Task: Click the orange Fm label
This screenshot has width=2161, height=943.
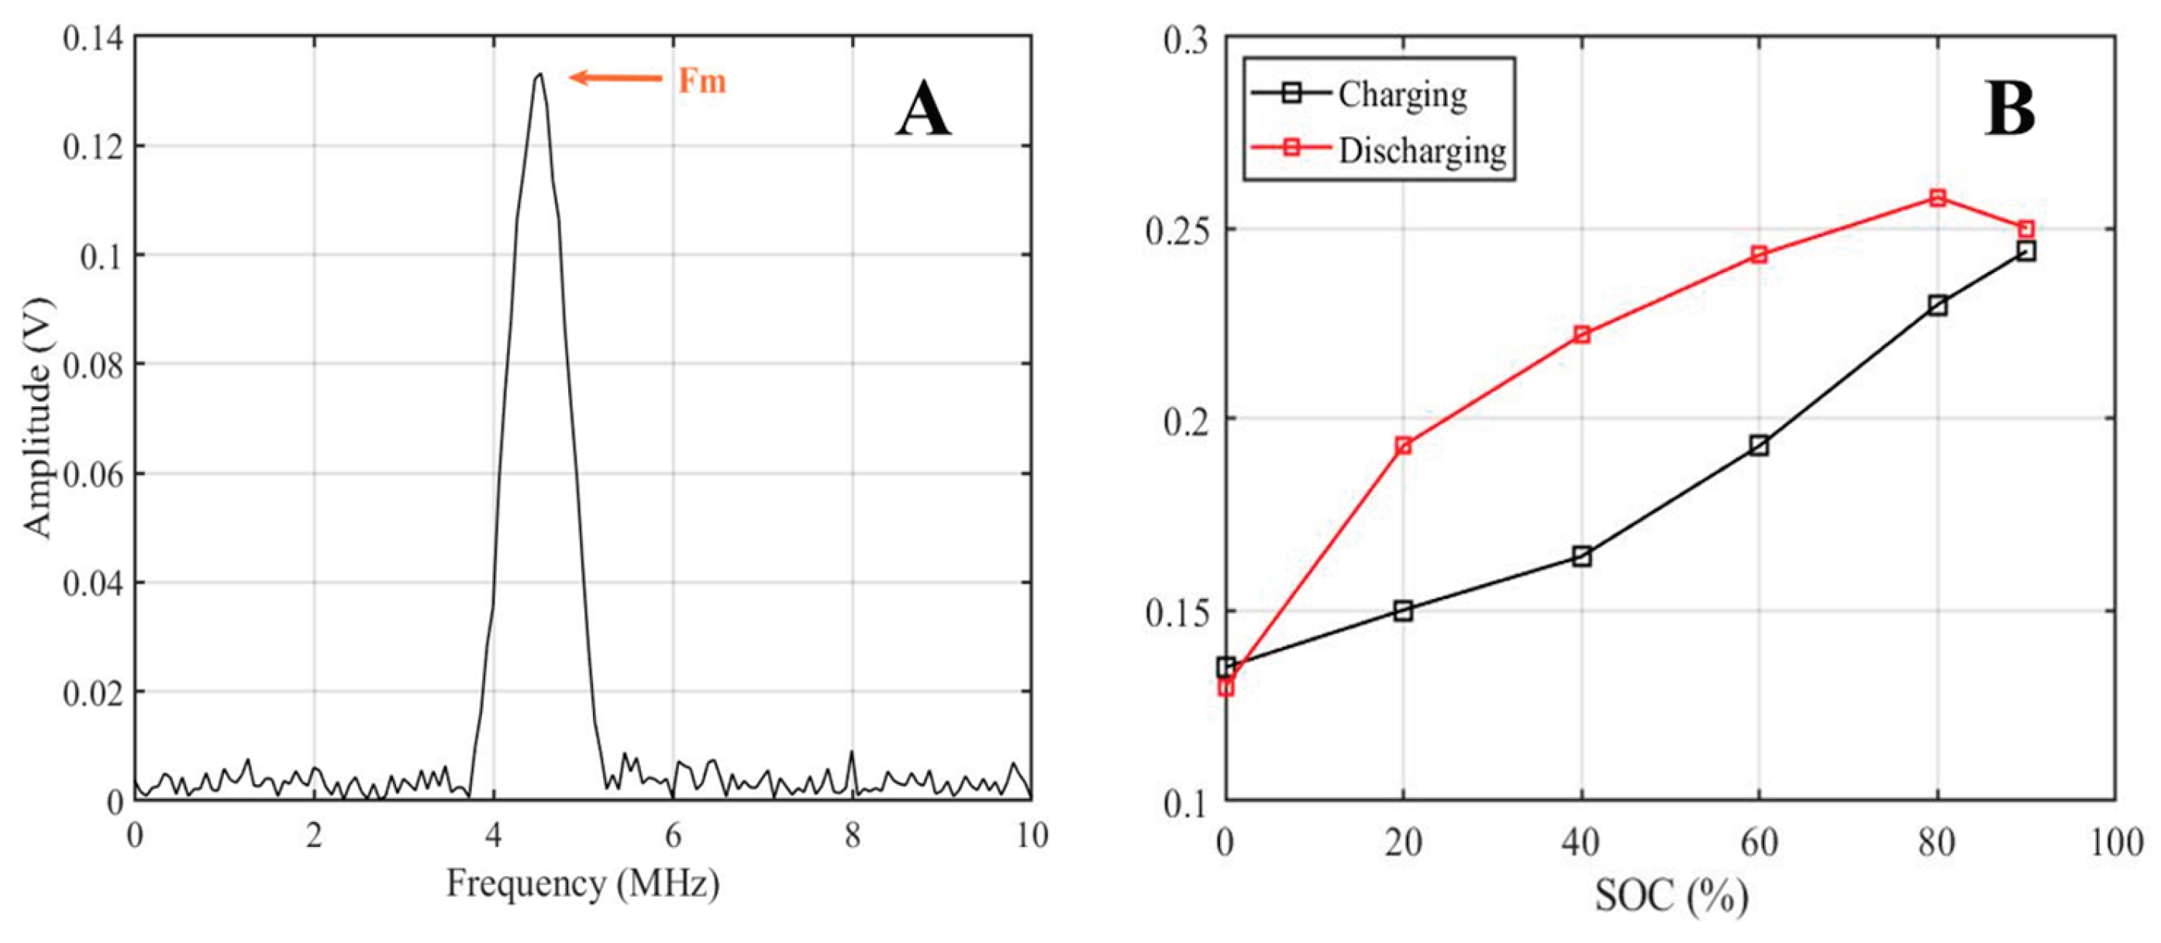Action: coord(701,81)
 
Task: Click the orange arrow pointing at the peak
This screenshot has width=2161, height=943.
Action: coord(615,78)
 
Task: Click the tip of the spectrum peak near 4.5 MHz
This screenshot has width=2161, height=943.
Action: coord(540,74)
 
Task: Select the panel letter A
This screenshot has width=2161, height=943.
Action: coord(923,111)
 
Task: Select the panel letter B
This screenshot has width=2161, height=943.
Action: coord(2010,111)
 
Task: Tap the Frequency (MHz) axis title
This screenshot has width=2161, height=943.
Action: coord(582,883)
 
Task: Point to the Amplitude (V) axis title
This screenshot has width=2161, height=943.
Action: coord(37,417)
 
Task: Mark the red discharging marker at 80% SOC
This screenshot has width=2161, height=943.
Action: coord(1937,198)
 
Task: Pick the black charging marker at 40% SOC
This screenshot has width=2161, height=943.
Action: coord(1581,556)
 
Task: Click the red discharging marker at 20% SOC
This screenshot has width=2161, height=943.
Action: coord(1404,446)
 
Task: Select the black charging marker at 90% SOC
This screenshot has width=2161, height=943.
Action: coord(2026,251)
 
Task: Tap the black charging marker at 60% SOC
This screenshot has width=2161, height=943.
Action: coord(1759,446)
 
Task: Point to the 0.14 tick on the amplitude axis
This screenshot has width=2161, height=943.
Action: coord(92,38)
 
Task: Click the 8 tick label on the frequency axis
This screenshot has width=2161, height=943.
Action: coord(853,835)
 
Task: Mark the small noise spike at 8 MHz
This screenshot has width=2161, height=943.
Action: coord(853,752)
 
